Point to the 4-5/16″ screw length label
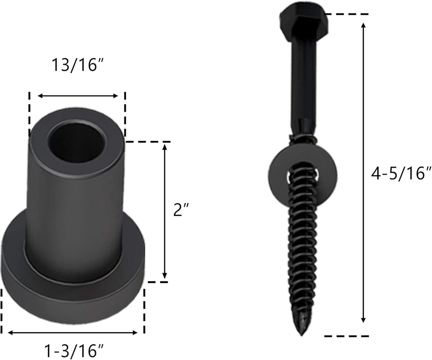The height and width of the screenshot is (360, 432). (x=401, y=174)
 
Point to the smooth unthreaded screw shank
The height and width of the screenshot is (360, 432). (x=304, y=83)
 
